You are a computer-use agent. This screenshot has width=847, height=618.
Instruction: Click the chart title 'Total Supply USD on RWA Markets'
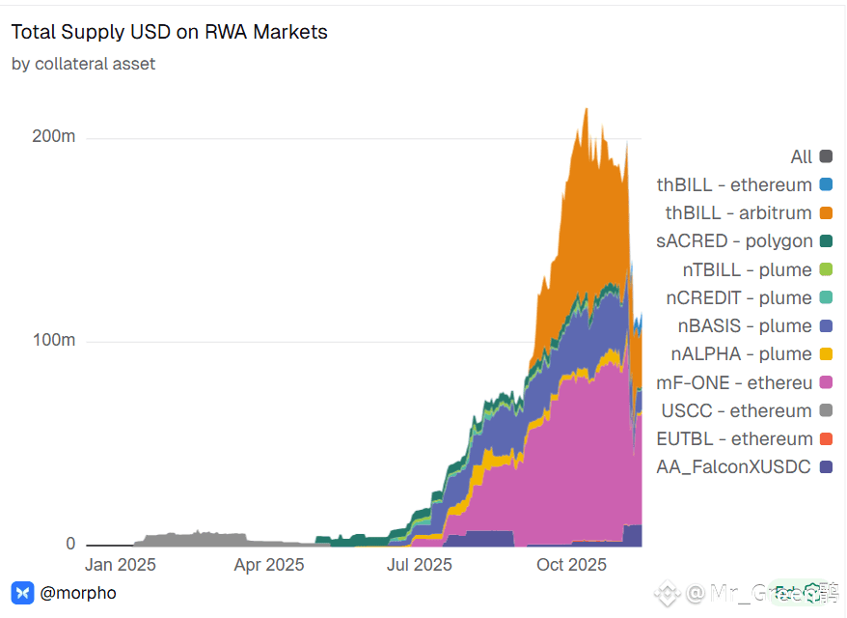pos(170,32)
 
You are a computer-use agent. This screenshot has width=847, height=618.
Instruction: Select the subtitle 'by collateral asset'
pos(83,64)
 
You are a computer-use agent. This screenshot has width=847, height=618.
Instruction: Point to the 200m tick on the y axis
pos(54,136)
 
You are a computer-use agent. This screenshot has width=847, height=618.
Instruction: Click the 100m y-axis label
pos(54,341)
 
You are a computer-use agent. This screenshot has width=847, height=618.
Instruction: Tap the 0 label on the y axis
pos(70,544)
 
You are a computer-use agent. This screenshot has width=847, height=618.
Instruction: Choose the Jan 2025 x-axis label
pos(121,565)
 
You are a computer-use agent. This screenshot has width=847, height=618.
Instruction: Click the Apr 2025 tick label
pos(269,565)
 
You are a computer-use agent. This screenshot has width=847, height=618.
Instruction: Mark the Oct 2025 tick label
pos(572,565)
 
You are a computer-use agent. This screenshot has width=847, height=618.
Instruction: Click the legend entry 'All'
pos(801,156)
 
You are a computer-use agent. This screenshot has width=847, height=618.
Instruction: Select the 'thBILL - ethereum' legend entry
pos(734,184)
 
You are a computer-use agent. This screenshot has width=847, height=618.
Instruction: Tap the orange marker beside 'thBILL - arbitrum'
pos(826,212)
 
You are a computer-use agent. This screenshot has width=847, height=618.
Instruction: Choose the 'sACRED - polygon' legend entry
pos(734,241)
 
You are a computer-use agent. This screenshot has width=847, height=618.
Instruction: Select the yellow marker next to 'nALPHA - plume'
pos(826,353)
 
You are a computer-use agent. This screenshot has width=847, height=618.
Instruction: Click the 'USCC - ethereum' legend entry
pos(736,410)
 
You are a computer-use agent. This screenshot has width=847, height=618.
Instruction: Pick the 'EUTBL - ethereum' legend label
pos(735,438)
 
